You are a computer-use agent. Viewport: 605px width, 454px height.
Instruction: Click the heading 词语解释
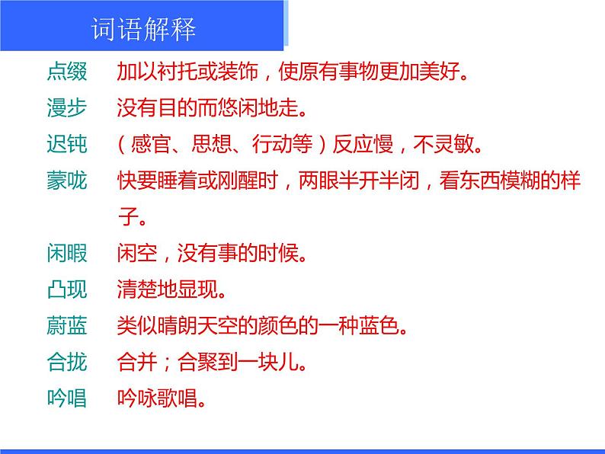[143, 30]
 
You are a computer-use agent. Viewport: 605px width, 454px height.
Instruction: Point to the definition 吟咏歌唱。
[162, 398]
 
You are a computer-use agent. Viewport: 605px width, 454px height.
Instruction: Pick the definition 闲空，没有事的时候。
[212, 254]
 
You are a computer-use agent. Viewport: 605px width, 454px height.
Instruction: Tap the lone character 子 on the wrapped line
[127, 217]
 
